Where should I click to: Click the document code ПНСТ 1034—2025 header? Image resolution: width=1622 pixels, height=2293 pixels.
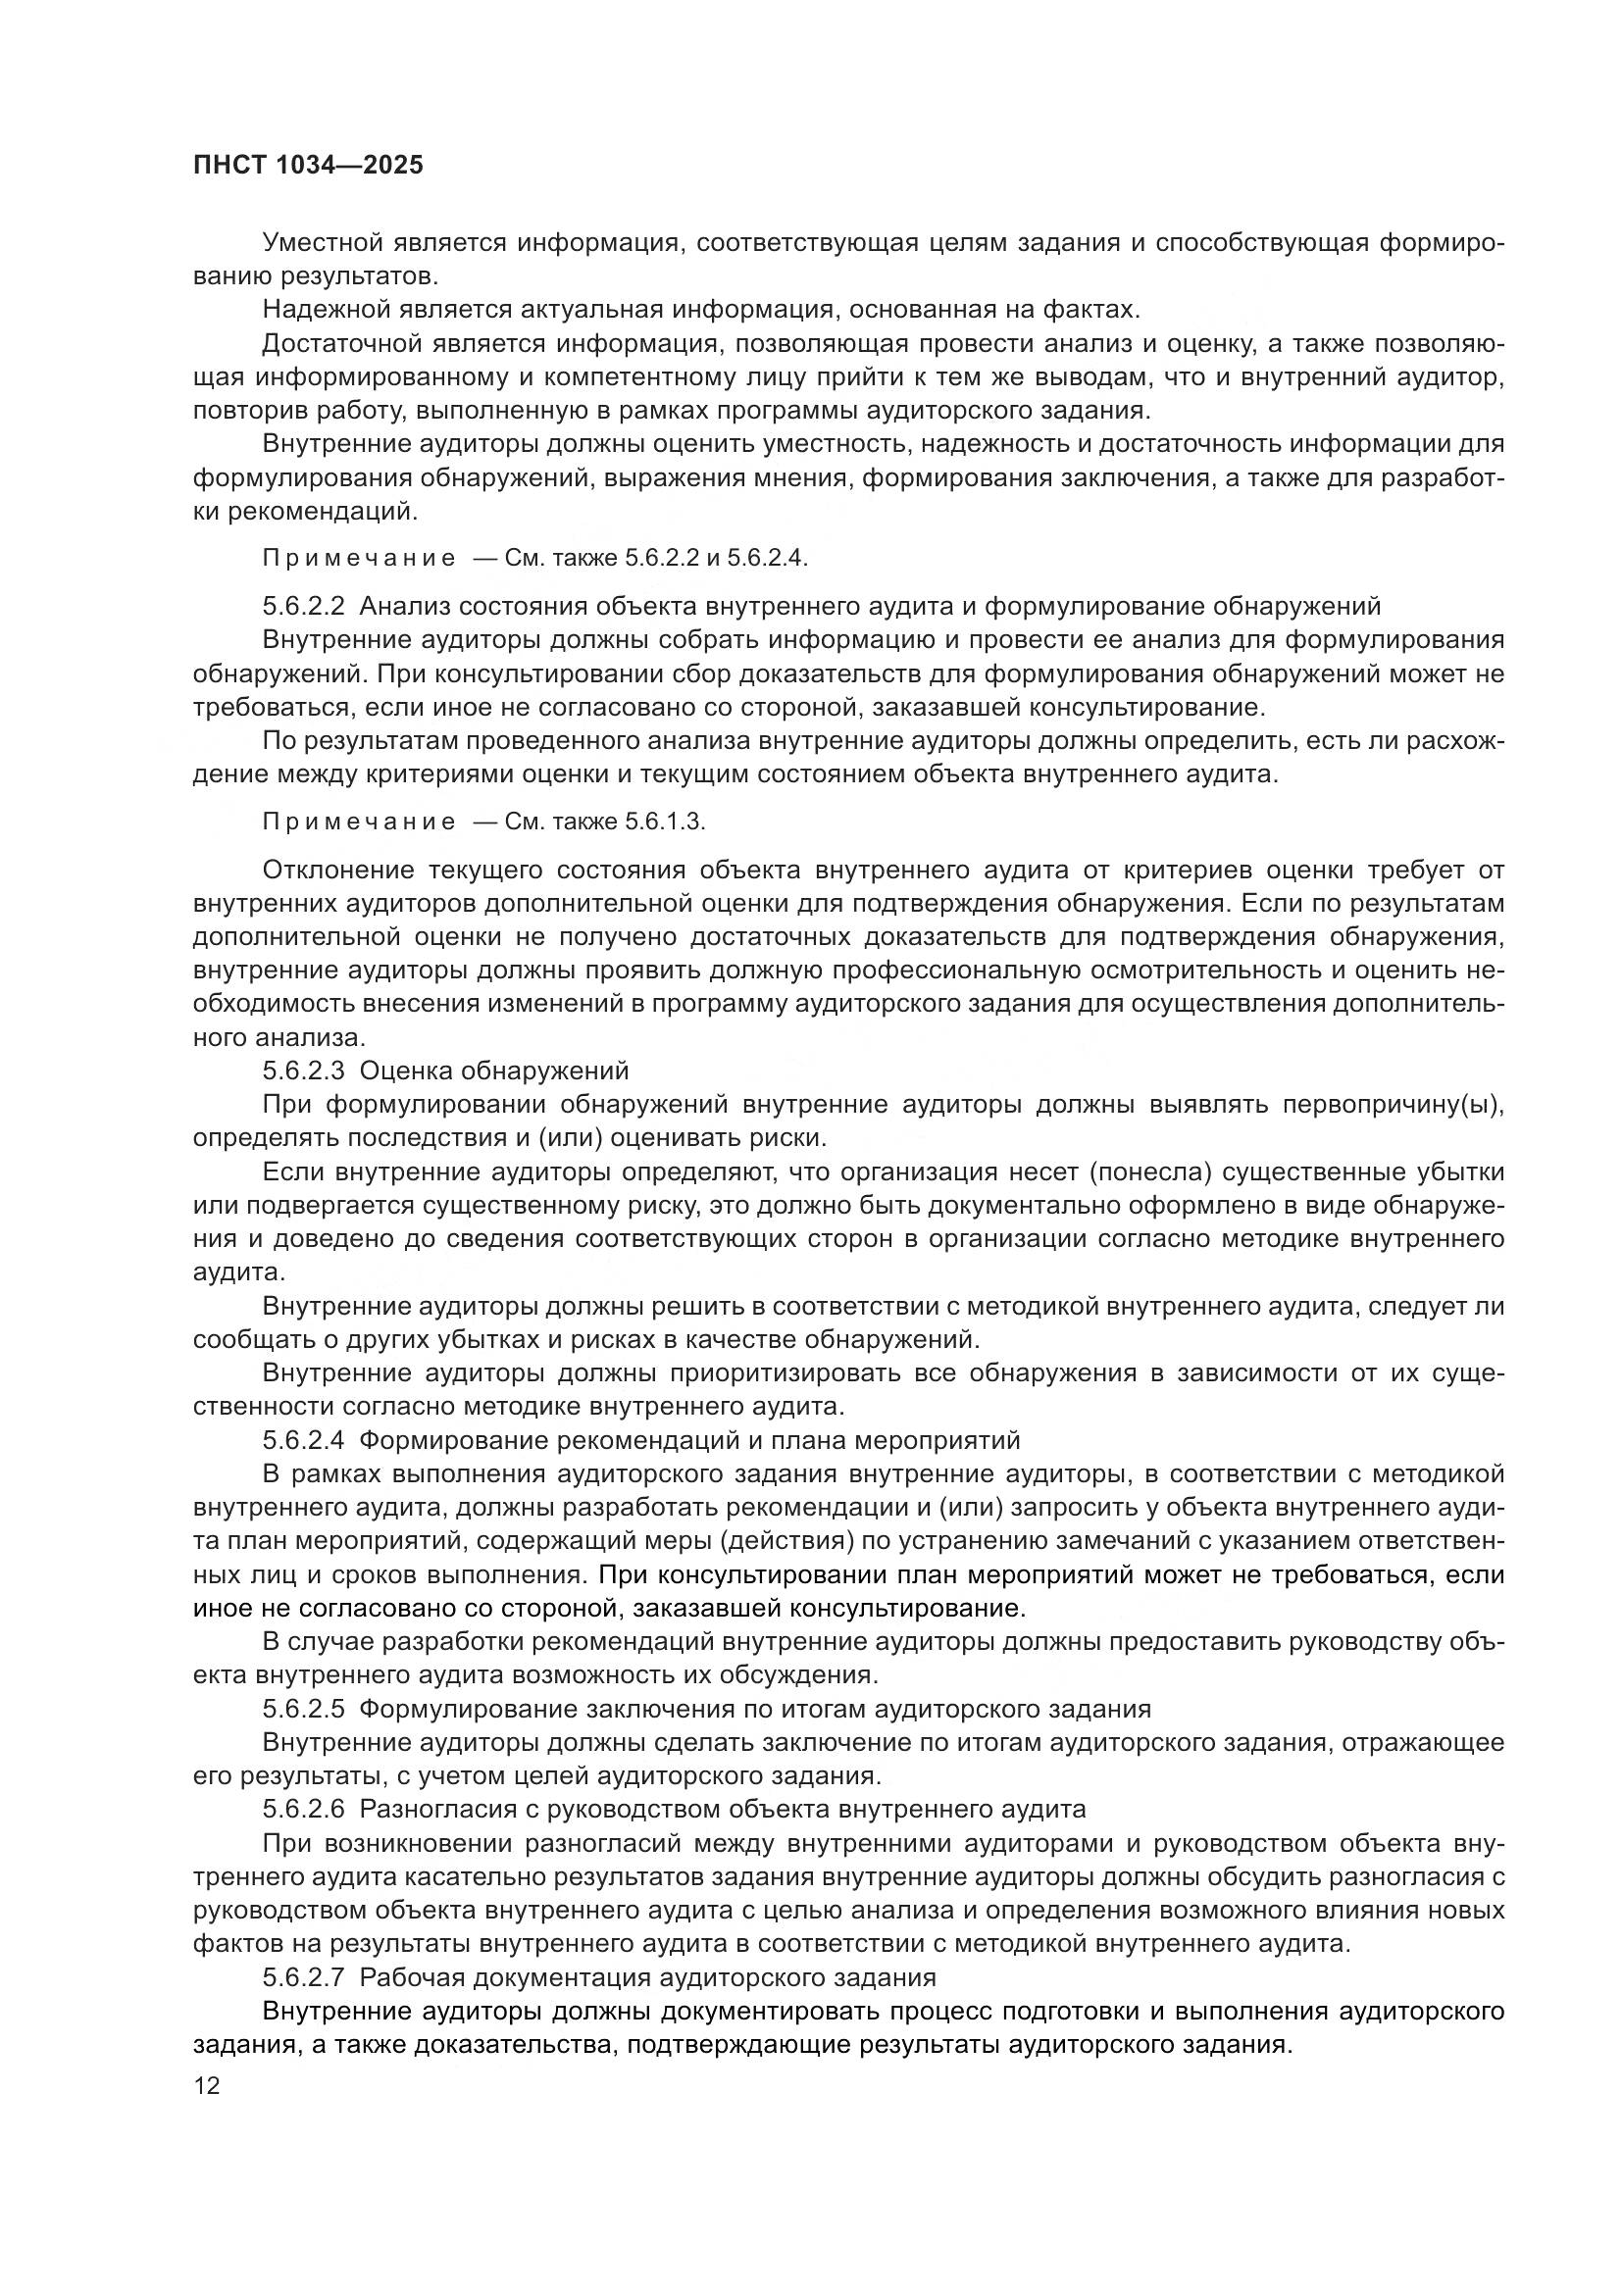(308, 165)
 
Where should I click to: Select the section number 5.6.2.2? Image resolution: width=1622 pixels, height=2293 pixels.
(304, 606)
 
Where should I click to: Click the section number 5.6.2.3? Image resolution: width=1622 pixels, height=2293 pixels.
(304, 1072)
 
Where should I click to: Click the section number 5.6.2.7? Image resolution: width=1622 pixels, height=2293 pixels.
(304, 1977)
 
